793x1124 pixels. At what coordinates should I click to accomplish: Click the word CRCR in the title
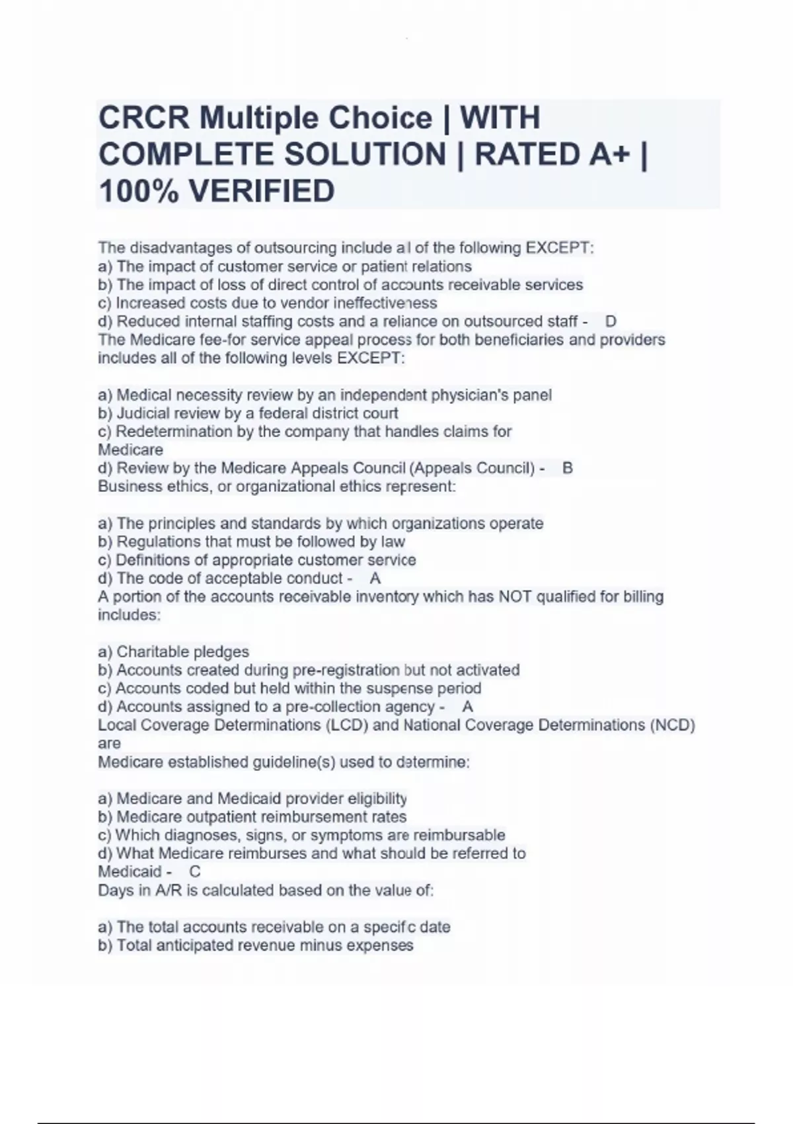point(144,118)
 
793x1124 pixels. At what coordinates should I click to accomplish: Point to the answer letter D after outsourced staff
point(611,321)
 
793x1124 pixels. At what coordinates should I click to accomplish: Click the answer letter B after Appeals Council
point(567,468)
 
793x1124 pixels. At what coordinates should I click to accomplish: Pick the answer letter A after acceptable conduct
point(375,579)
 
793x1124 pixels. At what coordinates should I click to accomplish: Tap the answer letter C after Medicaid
point(195,871)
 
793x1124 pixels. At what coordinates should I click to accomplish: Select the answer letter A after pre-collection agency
point(467,707)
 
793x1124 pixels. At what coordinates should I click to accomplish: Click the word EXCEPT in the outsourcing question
point(558,248)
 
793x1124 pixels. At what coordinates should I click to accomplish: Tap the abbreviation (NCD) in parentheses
point(673,725)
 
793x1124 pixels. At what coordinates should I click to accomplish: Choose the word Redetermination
point(175,432)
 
